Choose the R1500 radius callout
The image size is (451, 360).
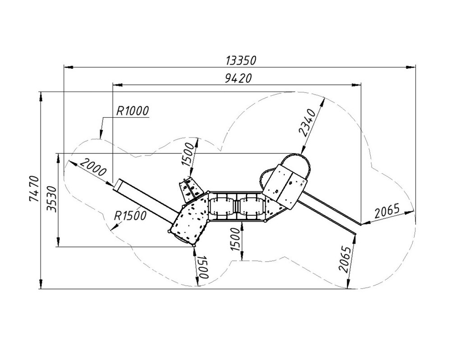point(130,216)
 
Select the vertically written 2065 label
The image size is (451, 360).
point(345,259)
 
